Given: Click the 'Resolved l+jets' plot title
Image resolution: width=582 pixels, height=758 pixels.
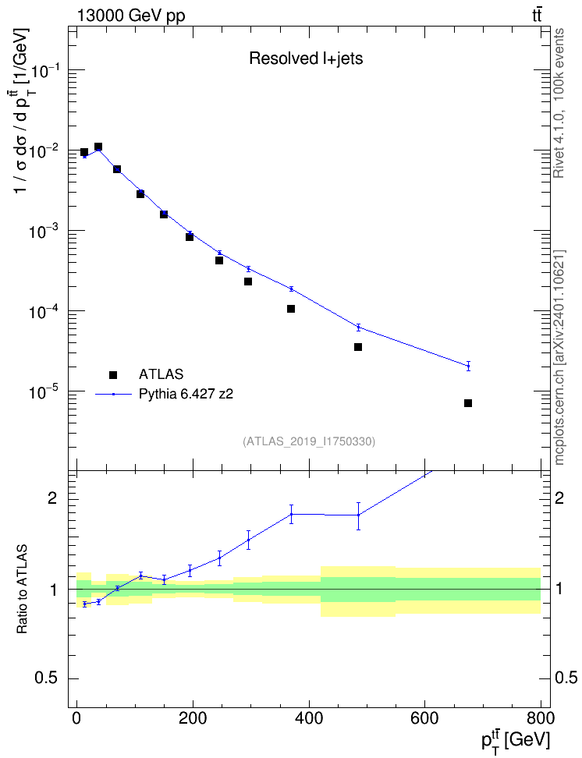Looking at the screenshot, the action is point(306,58).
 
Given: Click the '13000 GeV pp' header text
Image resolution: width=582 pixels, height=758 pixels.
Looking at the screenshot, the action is point(130,16).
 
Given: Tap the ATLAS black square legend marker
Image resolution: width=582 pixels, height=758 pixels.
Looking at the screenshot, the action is point(113,374).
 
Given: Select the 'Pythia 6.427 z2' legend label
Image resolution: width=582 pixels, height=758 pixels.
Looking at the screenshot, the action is point(186,395).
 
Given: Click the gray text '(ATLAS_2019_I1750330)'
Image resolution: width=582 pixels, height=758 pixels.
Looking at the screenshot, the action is point(309,441).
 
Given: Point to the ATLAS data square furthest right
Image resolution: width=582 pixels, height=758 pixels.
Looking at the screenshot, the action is point(468,403).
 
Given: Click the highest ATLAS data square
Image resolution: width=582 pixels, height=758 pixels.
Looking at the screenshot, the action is point(98,147).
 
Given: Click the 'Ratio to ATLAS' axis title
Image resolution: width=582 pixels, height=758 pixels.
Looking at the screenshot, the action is point(22,589).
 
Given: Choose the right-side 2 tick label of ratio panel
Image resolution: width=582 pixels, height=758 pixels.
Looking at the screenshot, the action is point(559,498).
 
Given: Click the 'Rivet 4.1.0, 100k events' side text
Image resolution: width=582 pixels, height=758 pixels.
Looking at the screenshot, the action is point(559,103).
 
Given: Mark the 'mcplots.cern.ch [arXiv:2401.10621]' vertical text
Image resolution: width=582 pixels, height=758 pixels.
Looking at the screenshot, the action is point(559,357).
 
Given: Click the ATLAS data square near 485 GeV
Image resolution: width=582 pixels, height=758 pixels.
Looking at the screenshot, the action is point(358,347).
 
